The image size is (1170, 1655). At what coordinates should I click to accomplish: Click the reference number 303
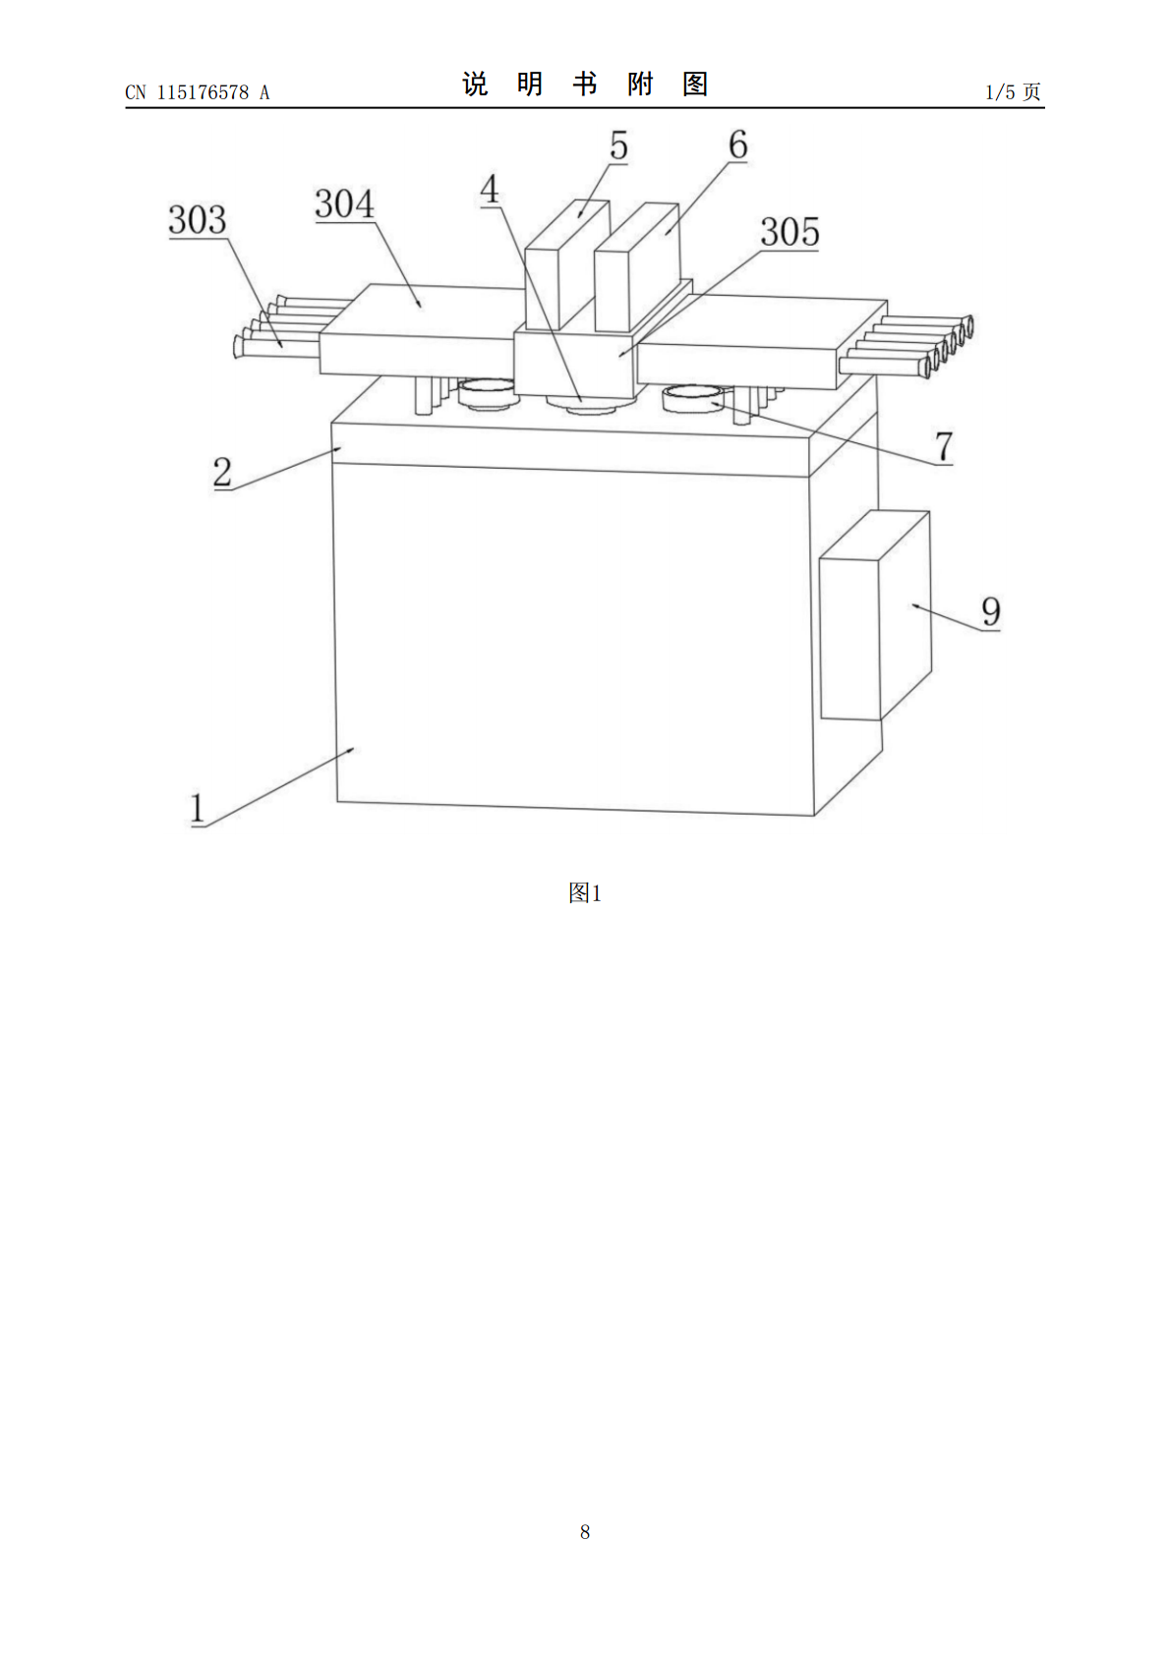click(x=198, y=219)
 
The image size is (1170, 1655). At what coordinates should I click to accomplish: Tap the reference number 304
click(x=344, y=203)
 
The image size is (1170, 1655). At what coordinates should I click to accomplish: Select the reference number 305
click(x=790, y=232)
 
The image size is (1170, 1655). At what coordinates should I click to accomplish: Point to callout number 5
click(x=618, y=144)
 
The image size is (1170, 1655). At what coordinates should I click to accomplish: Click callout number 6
click(x=737, y=144)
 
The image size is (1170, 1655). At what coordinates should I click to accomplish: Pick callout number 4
click(x=490, y=190)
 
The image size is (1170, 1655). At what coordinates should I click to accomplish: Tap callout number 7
click(x=944, y=446)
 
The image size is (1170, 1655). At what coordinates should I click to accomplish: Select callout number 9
click(x=991, y=611)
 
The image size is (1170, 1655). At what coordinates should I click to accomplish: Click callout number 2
click(x=222, y=472)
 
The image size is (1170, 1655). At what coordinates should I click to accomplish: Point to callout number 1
click(x=198, y=808)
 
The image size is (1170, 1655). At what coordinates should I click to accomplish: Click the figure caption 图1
click(x=585, y=893)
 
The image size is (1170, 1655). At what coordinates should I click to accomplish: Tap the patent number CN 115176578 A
click(x=198, y=92)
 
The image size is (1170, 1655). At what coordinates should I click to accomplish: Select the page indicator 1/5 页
click(x=1013, y=92)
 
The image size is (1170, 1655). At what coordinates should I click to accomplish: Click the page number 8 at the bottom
click(x=585, y=1532)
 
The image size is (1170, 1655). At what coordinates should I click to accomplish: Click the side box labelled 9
click(x=875, y=614)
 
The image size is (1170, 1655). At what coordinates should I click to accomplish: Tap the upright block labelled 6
click(x=636, y=268)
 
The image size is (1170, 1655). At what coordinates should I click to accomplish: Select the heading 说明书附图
click(x=585, y=85)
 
